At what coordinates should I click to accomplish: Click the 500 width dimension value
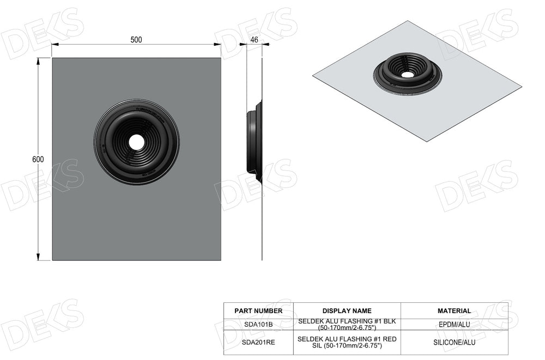coord(136,40)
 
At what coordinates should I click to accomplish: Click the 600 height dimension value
coord(38,159)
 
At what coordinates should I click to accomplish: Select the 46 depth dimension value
coord(254,40)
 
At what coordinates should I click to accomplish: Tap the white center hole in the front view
coord(137,142)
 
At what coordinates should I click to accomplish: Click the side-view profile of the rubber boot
coord(254,142)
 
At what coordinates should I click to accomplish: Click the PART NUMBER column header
coord(258,311)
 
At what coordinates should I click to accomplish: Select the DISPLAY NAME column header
coord(347,311)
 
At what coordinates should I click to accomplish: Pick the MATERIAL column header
coord(454,311)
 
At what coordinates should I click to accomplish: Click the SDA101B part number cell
coord(258,325)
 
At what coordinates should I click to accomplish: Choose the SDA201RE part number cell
coord(258,342)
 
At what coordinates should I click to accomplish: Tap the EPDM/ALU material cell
coord(454,325)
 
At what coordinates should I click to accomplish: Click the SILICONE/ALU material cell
coord(454,342)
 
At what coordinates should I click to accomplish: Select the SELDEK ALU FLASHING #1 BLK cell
coord(347,325)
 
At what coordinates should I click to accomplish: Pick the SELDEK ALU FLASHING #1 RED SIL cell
coord(347,342)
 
